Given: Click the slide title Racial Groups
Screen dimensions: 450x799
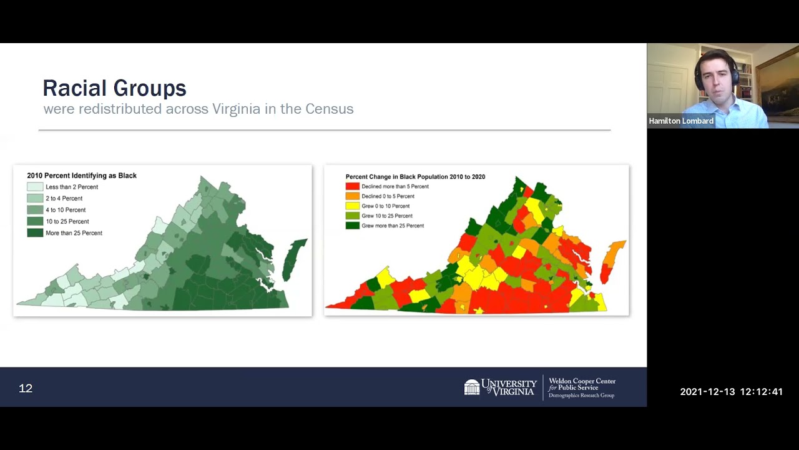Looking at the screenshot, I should coord(114,88).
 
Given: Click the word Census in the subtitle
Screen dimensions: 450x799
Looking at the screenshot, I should coord(329,109).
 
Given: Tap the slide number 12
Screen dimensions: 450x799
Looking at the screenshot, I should coord(26,388).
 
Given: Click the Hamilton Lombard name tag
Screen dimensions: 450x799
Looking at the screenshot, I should coord(680,121).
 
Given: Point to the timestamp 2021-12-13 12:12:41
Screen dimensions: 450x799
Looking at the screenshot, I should coord(731,392).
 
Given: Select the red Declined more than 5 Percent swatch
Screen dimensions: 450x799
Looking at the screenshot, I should coord(353,186).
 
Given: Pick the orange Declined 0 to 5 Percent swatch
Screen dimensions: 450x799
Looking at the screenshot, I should coord(353,196).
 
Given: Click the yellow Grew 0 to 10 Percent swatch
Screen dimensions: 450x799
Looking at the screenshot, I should coord(353,206).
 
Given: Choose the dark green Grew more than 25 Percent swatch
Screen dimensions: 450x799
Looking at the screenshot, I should coord(353,226).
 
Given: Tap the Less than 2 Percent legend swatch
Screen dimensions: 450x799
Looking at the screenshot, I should coord(35,187).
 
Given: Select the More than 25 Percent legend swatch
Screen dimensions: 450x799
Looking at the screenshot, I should coord(35,233).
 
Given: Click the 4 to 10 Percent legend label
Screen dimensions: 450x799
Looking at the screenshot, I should coord(66,210).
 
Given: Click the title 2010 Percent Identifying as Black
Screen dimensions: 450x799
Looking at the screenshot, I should coord(82,176).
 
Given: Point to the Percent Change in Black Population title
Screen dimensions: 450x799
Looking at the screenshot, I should coord(415,177).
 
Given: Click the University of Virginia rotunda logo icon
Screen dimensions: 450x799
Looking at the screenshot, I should coord(472,387).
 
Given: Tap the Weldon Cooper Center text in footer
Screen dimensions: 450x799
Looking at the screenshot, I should coord(582,381).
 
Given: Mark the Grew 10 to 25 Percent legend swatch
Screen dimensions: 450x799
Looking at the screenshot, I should coord(353,216).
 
